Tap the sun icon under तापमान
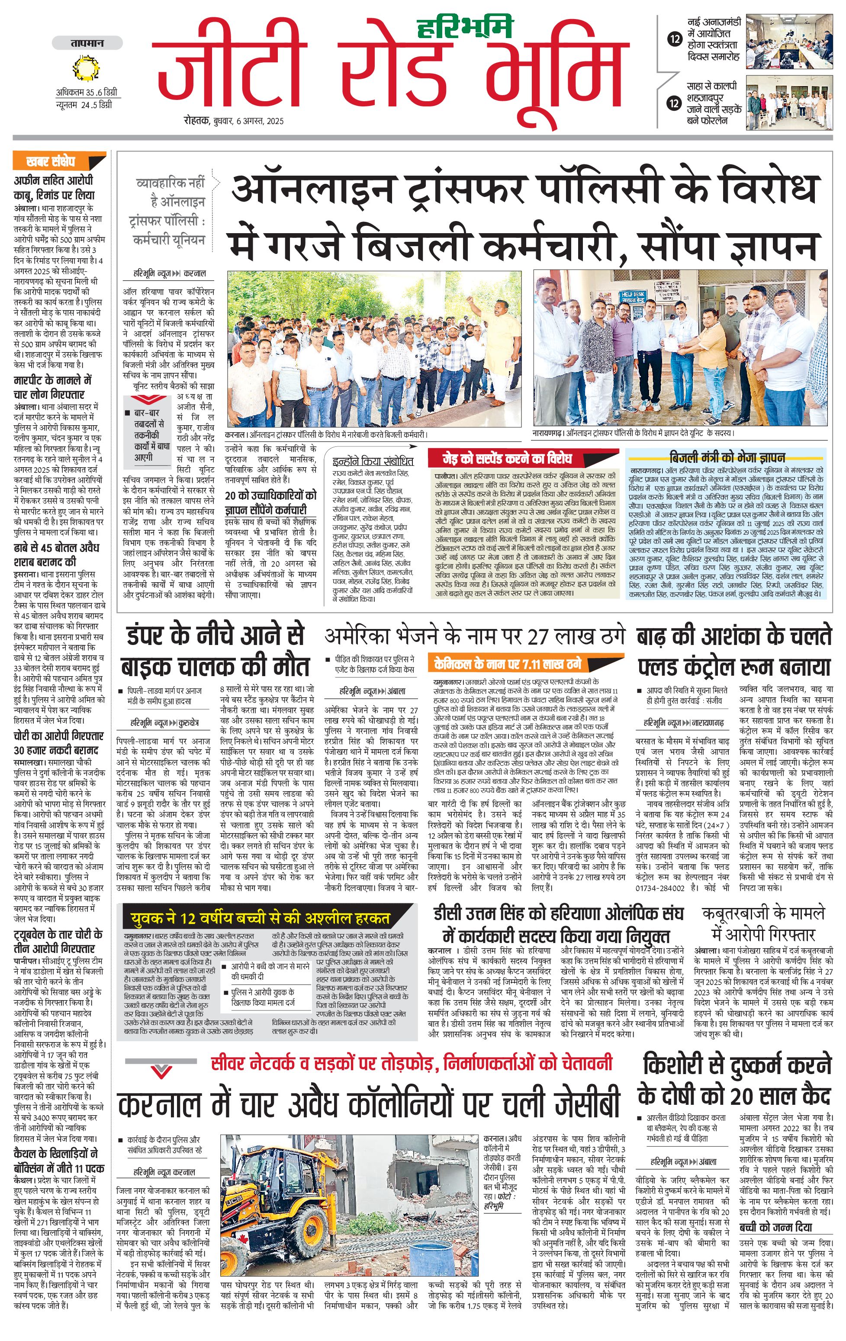point(86,69)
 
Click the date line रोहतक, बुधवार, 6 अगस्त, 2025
point(234,121)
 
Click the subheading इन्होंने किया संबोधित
point(373,461)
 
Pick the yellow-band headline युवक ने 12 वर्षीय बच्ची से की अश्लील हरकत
point(261,917)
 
